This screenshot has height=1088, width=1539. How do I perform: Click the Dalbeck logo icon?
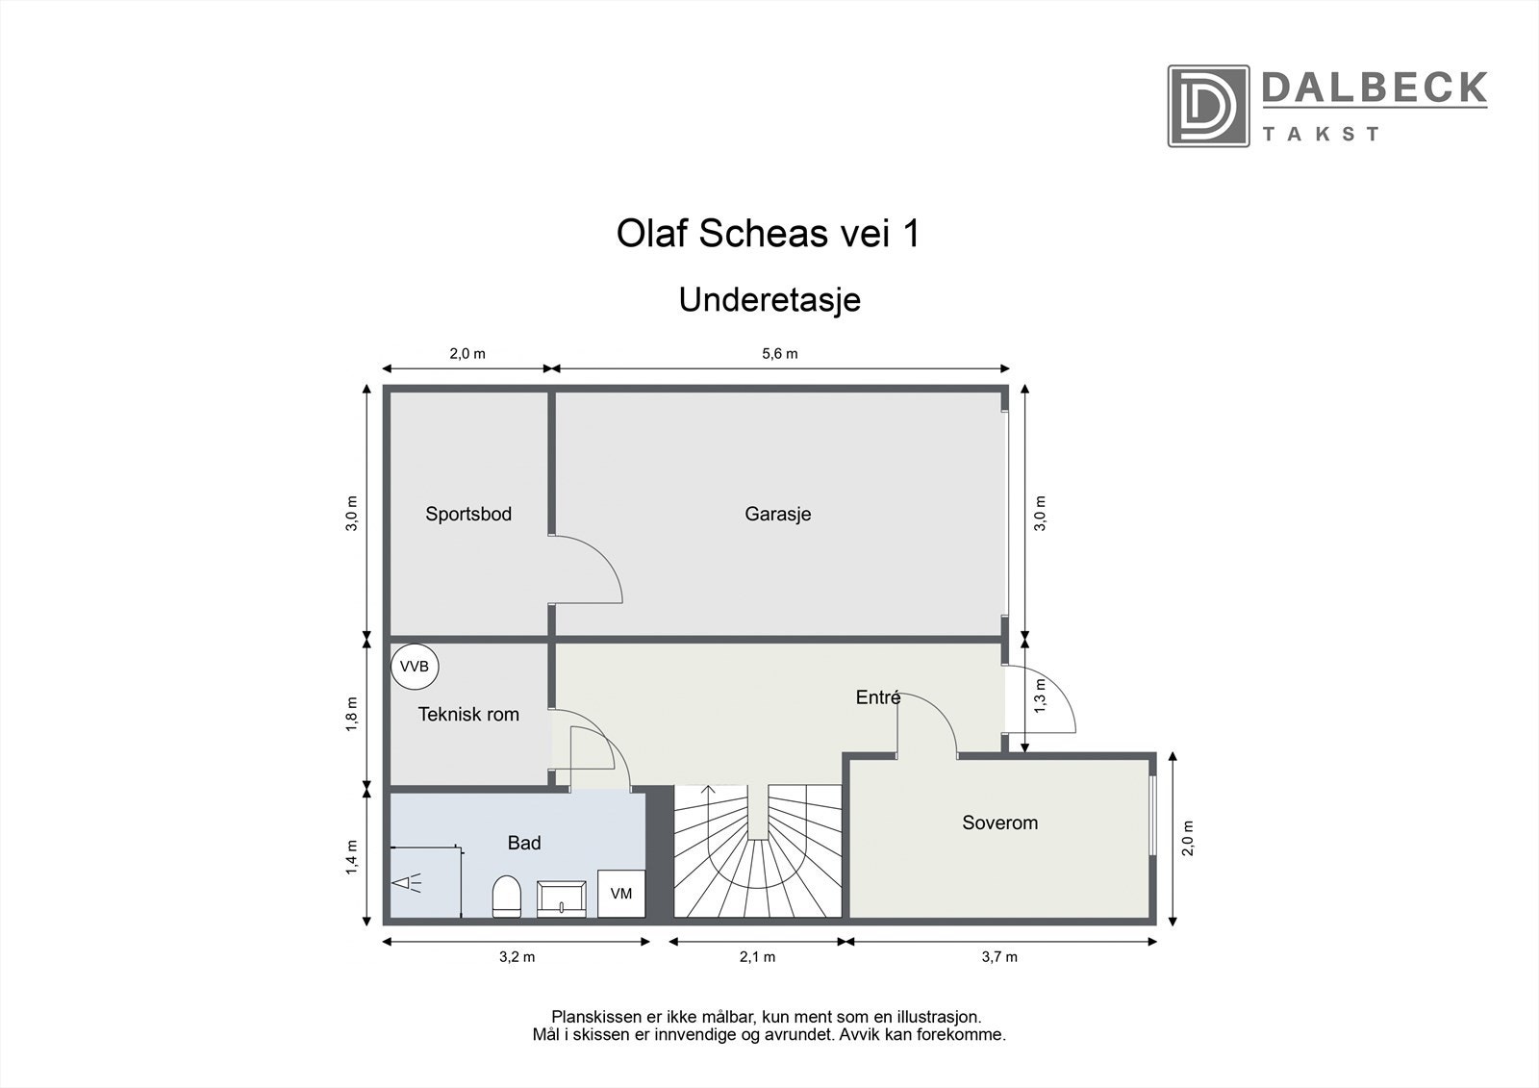pyautogui.click(x=1208, y=106)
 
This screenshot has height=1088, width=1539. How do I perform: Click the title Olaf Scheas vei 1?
pyautogui.click(x=768, y=234)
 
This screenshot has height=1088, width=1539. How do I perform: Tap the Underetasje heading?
pyautogui.click(x=769, y=299)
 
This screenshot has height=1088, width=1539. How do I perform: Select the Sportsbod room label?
pyautogui.click(x=468, y=514)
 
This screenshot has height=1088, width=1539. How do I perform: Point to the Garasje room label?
pyautogui.click(x=777, y=514)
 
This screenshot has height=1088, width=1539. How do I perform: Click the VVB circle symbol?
pyautogui.click(x=415, y=667)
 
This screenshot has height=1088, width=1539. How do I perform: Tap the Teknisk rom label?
pyautogui.click(x=468, y=715)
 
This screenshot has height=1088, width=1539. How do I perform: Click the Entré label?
pyautogui.click(x=877, y=697)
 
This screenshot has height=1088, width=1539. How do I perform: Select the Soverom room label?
pyautogui.click(x=999, y=822)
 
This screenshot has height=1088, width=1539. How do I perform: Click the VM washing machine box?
pyautogui.click(x=620, y=894)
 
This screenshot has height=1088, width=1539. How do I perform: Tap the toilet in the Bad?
pyautogui.click(x=506, y=897)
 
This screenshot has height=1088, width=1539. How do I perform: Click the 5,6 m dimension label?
pyautogui.click(x=779, y=353)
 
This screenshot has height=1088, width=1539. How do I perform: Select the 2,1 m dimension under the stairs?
pyautogui.click(x=757, y=956)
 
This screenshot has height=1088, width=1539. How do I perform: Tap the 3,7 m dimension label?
pyautogui.click(x=999, y=956)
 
